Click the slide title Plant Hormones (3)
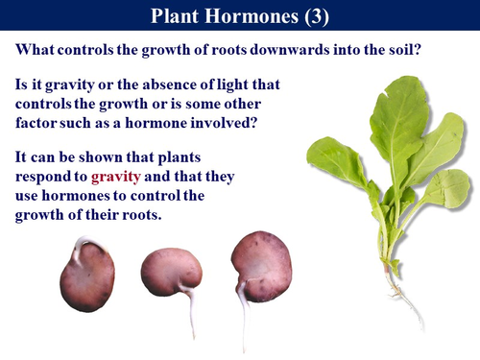pos(239,16)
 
